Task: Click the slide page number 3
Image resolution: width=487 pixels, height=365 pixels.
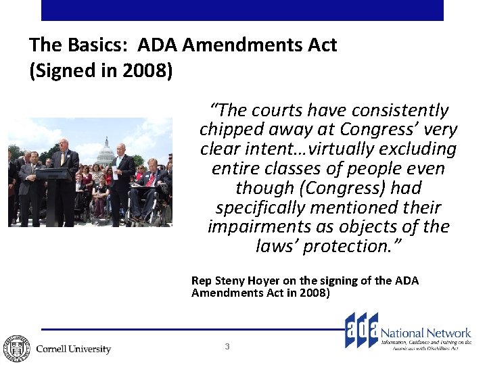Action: pos(227,347)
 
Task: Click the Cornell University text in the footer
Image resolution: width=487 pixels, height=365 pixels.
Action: pos(73,349)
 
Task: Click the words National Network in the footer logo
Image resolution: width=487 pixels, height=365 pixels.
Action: pos(426,333)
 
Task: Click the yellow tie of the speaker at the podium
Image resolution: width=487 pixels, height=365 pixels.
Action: pos(62,159)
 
